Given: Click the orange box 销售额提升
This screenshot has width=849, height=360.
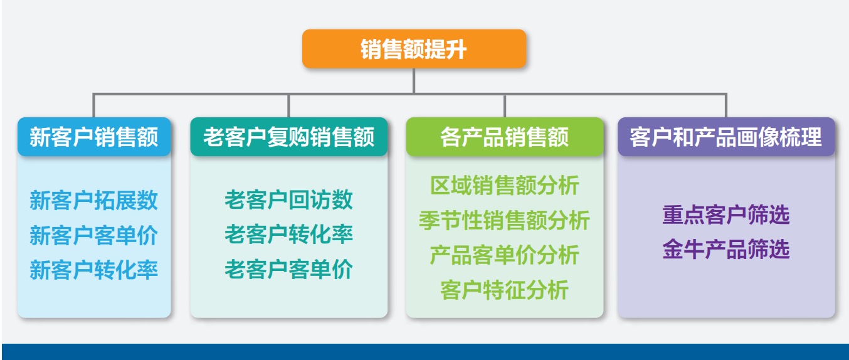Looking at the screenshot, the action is click(x=414, y=49).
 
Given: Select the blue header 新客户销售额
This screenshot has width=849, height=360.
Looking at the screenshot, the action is click(x=94, y=137).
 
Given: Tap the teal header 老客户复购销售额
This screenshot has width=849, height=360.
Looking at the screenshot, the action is click(x=289, y=137).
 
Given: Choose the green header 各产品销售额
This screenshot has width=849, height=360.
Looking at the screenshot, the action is click(x=505, y=137).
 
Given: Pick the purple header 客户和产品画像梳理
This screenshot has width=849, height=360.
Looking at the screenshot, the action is click(x=726, y=137).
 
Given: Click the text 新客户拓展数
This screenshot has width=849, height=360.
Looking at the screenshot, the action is click(x=93, y=201).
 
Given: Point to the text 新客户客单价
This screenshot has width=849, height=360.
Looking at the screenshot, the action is click(x=93, y=235).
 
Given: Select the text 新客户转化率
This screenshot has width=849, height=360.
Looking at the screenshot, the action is click(x=93, y=270).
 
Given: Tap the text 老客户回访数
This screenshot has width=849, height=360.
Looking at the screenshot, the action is click(x=289, y=199).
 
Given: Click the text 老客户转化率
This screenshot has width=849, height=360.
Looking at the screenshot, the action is click(x=289, y=234).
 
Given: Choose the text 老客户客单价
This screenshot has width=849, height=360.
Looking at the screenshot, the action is click(x=289, y=269).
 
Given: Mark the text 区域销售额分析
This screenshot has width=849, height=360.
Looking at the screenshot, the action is click(x=505, y=185).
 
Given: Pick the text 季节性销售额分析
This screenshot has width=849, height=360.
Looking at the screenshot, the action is click(x=505, y=220).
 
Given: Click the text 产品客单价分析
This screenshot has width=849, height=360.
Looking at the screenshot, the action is click(x=505, y=255).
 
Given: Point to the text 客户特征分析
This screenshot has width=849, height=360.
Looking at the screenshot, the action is click(x=505, y=290).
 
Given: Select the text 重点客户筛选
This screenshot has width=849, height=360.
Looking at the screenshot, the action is click(x=726, y=214).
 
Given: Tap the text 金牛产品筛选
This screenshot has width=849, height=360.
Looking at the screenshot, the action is click(x=726, y=249).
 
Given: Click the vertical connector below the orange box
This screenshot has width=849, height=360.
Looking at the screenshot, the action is click(x=414, y=81).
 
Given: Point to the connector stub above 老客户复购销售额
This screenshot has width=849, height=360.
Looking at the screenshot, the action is click(x=289, y=106).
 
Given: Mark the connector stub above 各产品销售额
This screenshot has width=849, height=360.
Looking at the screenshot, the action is click(x=505, y=106).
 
